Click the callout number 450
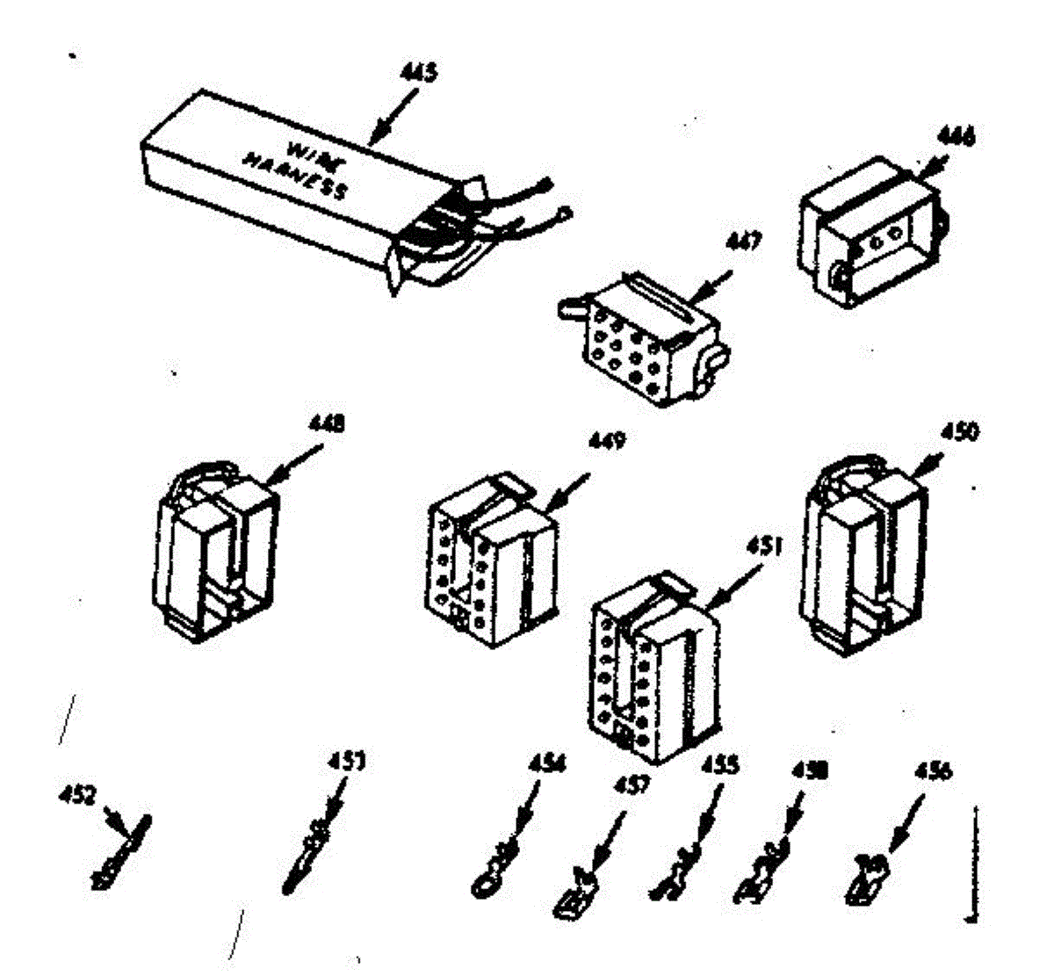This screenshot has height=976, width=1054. pos(961,431)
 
